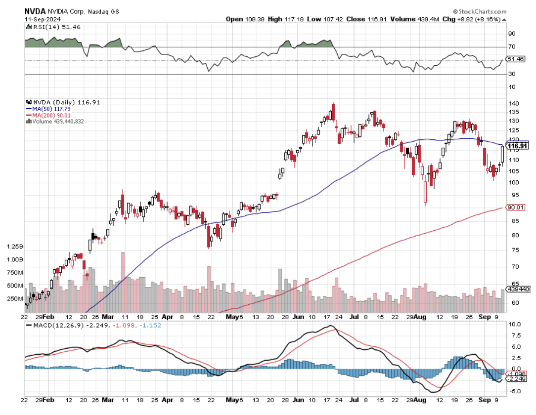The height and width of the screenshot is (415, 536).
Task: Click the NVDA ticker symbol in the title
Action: point(35,11)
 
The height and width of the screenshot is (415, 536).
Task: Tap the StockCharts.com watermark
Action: point(480,11)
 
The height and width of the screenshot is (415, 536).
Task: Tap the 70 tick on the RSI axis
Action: point(512,47)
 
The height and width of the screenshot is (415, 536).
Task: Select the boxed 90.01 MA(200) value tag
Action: point(516,207)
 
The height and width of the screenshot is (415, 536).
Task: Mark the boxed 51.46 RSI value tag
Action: point(517,59)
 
